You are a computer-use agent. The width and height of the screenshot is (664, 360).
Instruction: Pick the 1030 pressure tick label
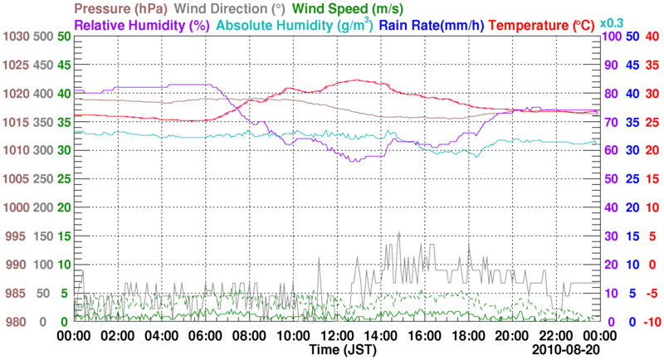point(17,36)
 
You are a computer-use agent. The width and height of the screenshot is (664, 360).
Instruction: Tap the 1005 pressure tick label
point(17,179)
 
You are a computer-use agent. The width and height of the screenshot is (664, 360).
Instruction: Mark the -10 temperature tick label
point(651,322)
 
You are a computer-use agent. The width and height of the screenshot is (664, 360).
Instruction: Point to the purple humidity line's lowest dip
point(354,161)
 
